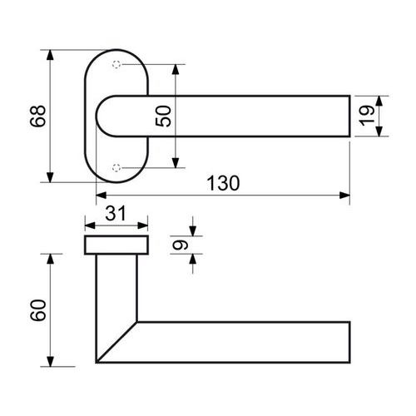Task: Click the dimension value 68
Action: [38, 116]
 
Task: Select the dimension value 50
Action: [163, 116]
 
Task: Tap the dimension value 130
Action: [223, 183]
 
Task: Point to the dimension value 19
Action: [367, 116]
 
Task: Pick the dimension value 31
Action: [116, 213]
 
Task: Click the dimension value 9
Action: [181, 245]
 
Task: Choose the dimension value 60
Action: [38, 310]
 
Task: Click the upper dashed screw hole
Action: [116, 65]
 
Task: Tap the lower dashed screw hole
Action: [116, 168]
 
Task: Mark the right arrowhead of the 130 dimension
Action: [344, 196]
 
